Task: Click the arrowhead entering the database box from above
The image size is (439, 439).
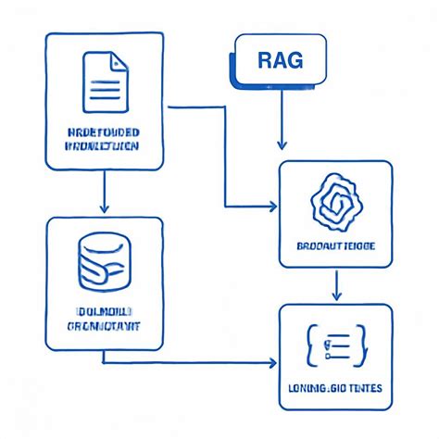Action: click(x=104, y=206)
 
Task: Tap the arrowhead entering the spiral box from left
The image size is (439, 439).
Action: click(x=273, y=204)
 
